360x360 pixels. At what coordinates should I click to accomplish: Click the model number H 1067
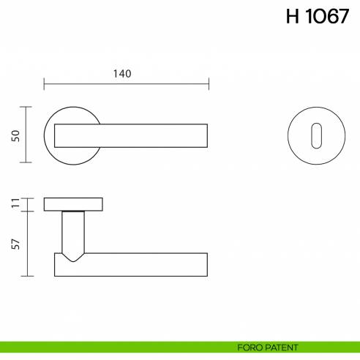tap(318, 18)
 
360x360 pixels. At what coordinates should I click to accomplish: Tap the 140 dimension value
tap(122, 73)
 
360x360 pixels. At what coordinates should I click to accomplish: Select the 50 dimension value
tap(14, 135)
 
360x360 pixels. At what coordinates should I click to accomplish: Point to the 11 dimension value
tap(14, 204)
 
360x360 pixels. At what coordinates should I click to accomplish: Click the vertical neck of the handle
tap(73, 230)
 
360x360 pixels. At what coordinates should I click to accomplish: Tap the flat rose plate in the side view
tap(73, 204)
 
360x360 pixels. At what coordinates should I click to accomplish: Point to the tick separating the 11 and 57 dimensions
tap(27, 211)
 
